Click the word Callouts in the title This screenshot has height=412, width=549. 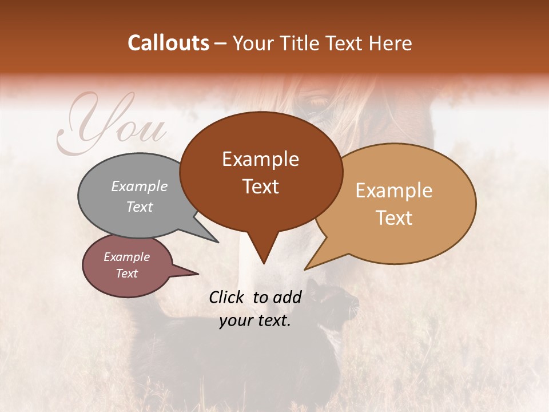pos(168,43)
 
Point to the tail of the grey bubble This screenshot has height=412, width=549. pos(209,235)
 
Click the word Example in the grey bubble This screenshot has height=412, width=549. pos(140,186)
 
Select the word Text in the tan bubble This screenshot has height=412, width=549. pos(395,218)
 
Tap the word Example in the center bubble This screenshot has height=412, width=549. pos(260,159)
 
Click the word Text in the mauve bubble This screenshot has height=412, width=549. pos(126,274)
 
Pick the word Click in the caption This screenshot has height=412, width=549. pos(228,296)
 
